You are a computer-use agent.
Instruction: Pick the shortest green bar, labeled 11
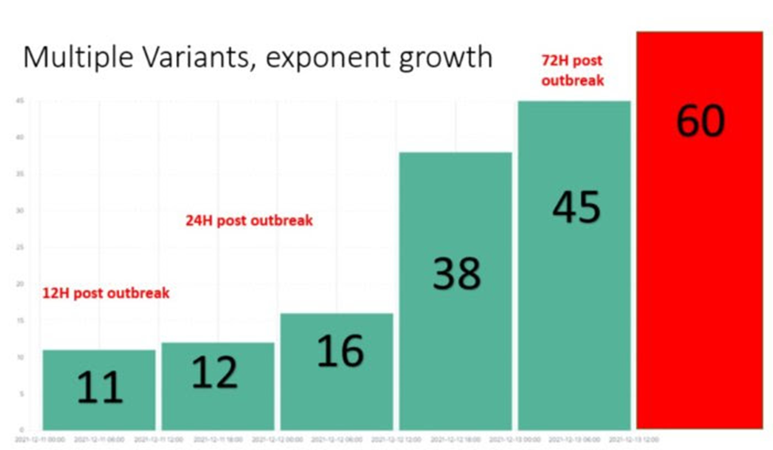(99, 389)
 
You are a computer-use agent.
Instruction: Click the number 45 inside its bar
(576, 208)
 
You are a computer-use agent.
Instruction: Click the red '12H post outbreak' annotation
(105, 293)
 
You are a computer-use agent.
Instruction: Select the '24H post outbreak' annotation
(249, 221)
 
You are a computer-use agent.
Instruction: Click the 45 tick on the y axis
(19, 101)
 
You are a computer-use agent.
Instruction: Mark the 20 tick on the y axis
(19, 284)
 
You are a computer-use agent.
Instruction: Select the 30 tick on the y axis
(19, 211)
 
